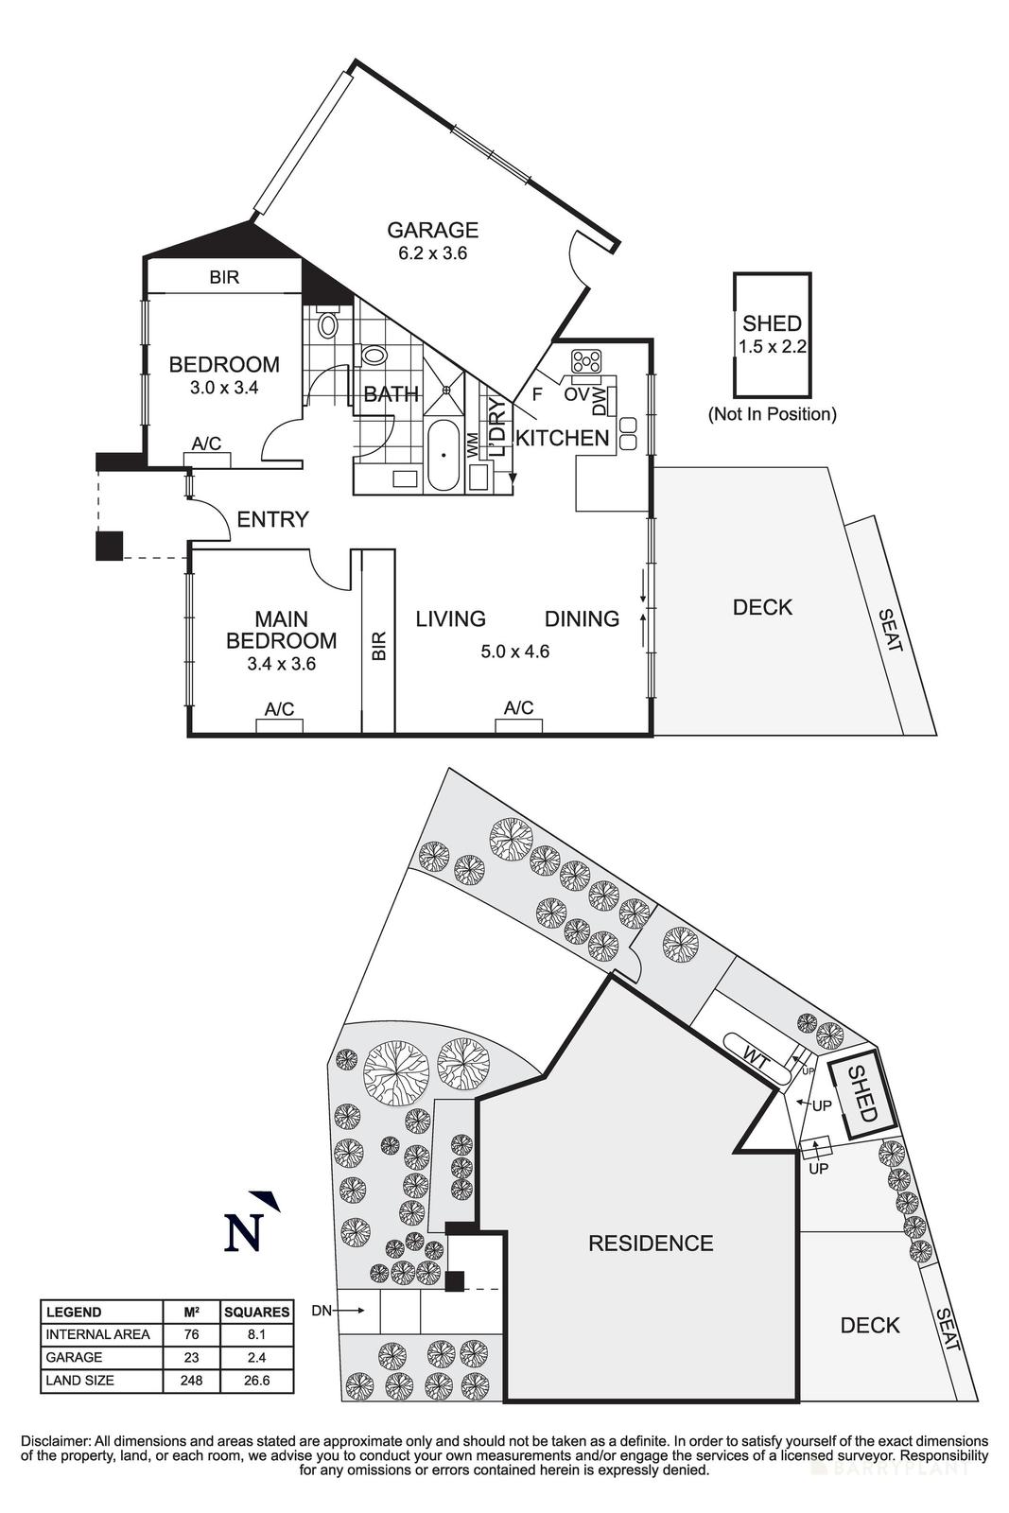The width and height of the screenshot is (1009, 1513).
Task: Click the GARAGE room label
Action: click(433, 230)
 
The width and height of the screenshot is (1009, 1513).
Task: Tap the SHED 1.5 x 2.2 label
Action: click(772, 335)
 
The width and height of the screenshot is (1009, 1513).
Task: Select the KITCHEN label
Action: click(562, 438)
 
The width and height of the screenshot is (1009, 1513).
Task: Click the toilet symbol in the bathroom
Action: click(328, 324)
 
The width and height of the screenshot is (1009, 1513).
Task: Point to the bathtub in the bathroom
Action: click(442, 457)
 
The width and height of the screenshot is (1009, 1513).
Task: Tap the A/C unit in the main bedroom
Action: click(279, 726)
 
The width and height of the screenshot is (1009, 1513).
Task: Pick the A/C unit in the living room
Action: click(519, 725)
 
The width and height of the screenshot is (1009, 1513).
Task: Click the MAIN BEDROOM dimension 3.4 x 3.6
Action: click(281, 664)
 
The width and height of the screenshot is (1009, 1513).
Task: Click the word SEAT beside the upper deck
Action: click(891, 631)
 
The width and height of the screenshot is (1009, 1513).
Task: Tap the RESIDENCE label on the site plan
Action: click(651, 1243)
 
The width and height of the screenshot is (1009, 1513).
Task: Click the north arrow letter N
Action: click(242, 1233)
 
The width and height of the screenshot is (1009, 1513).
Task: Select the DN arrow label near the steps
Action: click(322, 1311)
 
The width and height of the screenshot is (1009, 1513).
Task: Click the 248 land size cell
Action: click(191, 1381)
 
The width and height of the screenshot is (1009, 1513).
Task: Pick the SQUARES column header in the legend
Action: click(256, 1313)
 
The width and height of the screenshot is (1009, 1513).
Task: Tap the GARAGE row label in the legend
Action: click(74, 1358)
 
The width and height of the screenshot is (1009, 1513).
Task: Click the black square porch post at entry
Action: click(110, 546)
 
